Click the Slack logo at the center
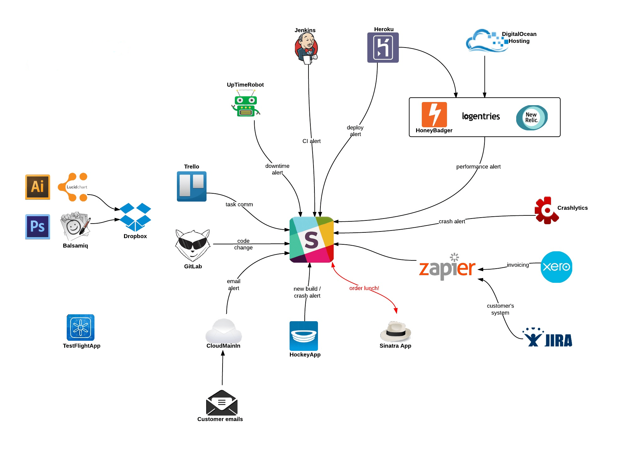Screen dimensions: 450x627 (311, 240)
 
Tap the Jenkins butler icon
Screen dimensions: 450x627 (306, 48)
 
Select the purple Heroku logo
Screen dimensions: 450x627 (383, 48)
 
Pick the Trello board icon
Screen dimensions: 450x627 (191, 186)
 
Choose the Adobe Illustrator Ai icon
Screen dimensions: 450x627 (37, 187)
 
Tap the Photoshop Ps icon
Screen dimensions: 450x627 (37, 226)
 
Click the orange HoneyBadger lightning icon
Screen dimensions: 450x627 (434, 114)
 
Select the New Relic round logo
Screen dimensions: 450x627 (532, 118)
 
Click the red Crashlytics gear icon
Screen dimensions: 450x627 (546, 210)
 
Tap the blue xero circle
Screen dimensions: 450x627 (556, 267)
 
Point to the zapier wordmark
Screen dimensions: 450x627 (447, 268)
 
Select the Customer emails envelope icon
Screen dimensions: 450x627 (222, 403)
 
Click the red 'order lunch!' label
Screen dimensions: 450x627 (364, 288)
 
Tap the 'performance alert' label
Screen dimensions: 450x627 (478, 167)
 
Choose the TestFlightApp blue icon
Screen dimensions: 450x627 (81, 328)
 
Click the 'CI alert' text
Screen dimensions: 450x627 (311, 141)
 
